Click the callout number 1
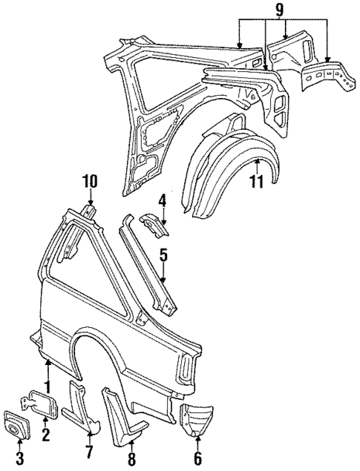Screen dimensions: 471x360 pos(47,386)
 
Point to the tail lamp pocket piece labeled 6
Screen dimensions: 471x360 pos(197,419)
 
